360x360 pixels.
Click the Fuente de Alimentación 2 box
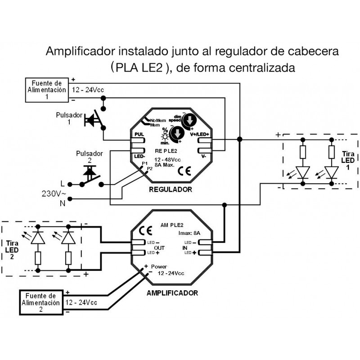click(x=41, y=302)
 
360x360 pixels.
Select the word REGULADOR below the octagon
click(x=170, y=189)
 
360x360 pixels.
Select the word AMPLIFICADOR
click(x=172, y=292)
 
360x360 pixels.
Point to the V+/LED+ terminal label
click(x=201, y=133)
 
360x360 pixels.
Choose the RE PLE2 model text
click(x=166, y=152)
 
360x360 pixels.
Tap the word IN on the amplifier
click(x=184, y=248)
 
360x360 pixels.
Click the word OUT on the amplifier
click(x=160, y=248)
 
